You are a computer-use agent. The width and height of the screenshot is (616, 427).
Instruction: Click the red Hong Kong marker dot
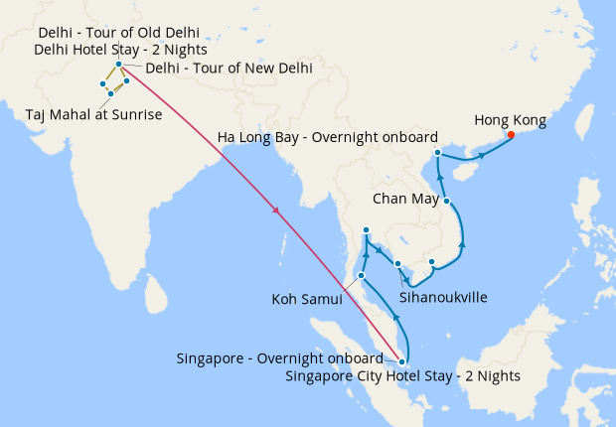click(x=511, y=135)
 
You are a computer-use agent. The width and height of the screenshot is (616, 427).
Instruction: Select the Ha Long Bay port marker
click(x=438, y=153)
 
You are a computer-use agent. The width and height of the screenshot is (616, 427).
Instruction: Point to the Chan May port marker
click(x=447, y=202)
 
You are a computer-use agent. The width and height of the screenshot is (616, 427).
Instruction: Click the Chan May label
click(x=403, y=199)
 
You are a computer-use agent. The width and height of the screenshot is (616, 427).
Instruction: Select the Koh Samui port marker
click(x=362, y=275)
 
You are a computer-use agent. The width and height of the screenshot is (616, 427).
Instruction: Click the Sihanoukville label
click(x=442, y=297)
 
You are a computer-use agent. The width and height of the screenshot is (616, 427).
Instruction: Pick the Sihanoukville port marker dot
click(x=397, y=263)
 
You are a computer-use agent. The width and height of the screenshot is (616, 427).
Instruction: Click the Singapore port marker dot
click(x=401, y=361)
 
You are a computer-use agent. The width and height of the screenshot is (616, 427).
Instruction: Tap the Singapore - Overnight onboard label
click(x=279, y=358)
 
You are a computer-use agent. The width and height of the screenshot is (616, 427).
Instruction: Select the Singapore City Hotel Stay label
click(x=401, y=376)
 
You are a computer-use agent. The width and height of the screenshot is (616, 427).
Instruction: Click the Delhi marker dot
click(x=118, y=65)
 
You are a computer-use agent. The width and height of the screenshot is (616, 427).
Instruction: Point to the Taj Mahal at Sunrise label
click(x=94, y=116)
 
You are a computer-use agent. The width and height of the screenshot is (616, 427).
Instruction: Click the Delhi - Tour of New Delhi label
click(x=229, y=69)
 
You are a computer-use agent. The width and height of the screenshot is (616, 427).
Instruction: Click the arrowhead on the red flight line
click(x=275, y=211)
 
